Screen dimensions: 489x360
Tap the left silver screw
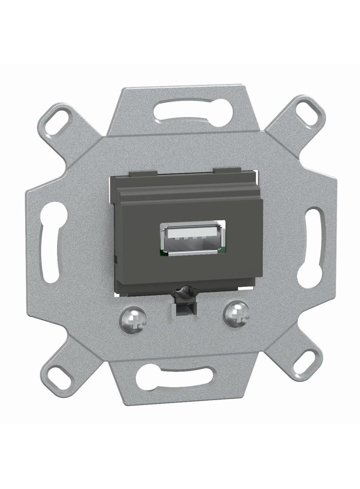point(133,319)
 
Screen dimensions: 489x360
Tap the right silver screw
point(236,314)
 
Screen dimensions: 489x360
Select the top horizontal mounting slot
point(193,112)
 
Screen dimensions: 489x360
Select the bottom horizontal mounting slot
point(175,377)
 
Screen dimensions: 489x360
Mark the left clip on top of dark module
point(143,174)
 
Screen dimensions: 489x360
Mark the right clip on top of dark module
point(227,170)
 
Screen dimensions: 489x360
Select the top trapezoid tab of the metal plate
point(193,96)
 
